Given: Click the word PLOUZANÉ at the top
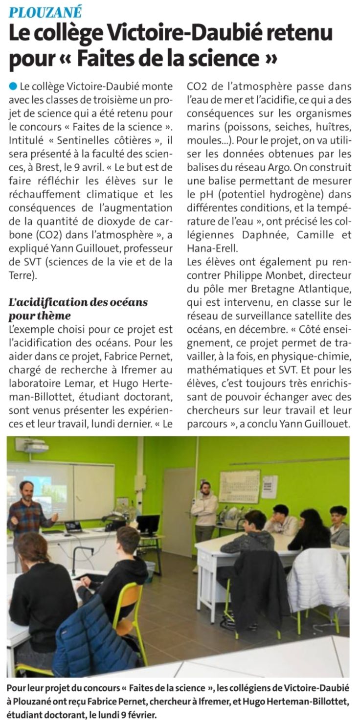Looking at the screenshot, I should click(45, 11).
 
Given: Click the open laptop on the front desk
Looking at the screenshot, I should click(73, 526).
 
